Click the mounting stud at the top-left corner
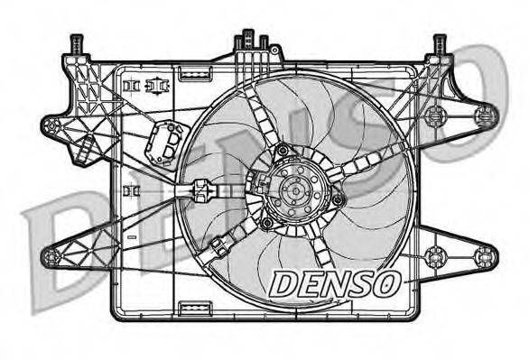pos(75,43)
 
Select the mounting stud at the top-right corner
pos(440,43)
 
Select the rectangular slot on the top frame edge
pos(193,71)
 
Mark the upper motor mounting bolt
pos(283,150)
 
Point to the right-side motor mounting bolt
pos(338,199)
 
